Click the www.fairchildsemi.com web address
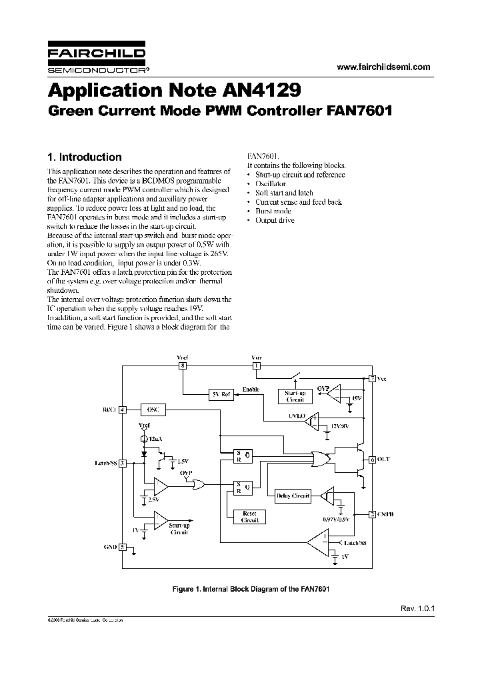pyautogui.click(x=383, y=67)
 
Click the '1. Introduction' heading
pyautogui.click(x=85, y=157)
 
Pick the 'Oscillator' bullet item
pyautogui.click(x=271, y=183)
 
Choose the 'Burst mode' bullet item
pyautogui.click(x=273, y=211)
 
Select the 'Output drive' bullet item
pyautogui.click(x=275, y=220)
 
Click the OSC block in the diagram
pyautogui.click(x=153, y=410)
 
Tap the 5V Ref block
pyautogui.click(x=220, y=395)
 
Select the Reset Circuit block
pyautogui.click(x=250, y=516)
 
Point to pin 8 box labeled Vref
pyautogui.click(x=182, y=366)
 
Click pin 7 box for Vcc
pyautogui.click(x=372, y=378)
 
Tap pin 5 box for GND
pyautogui.click(x=123, y=546)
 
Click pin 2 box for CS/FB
pyautogui.click(x=372, y=514)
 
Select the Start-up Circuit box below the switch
pyautogui.click(x=295, y=396)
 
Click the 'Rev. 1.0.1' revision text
pyautogui.click(x=417, y=608)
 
